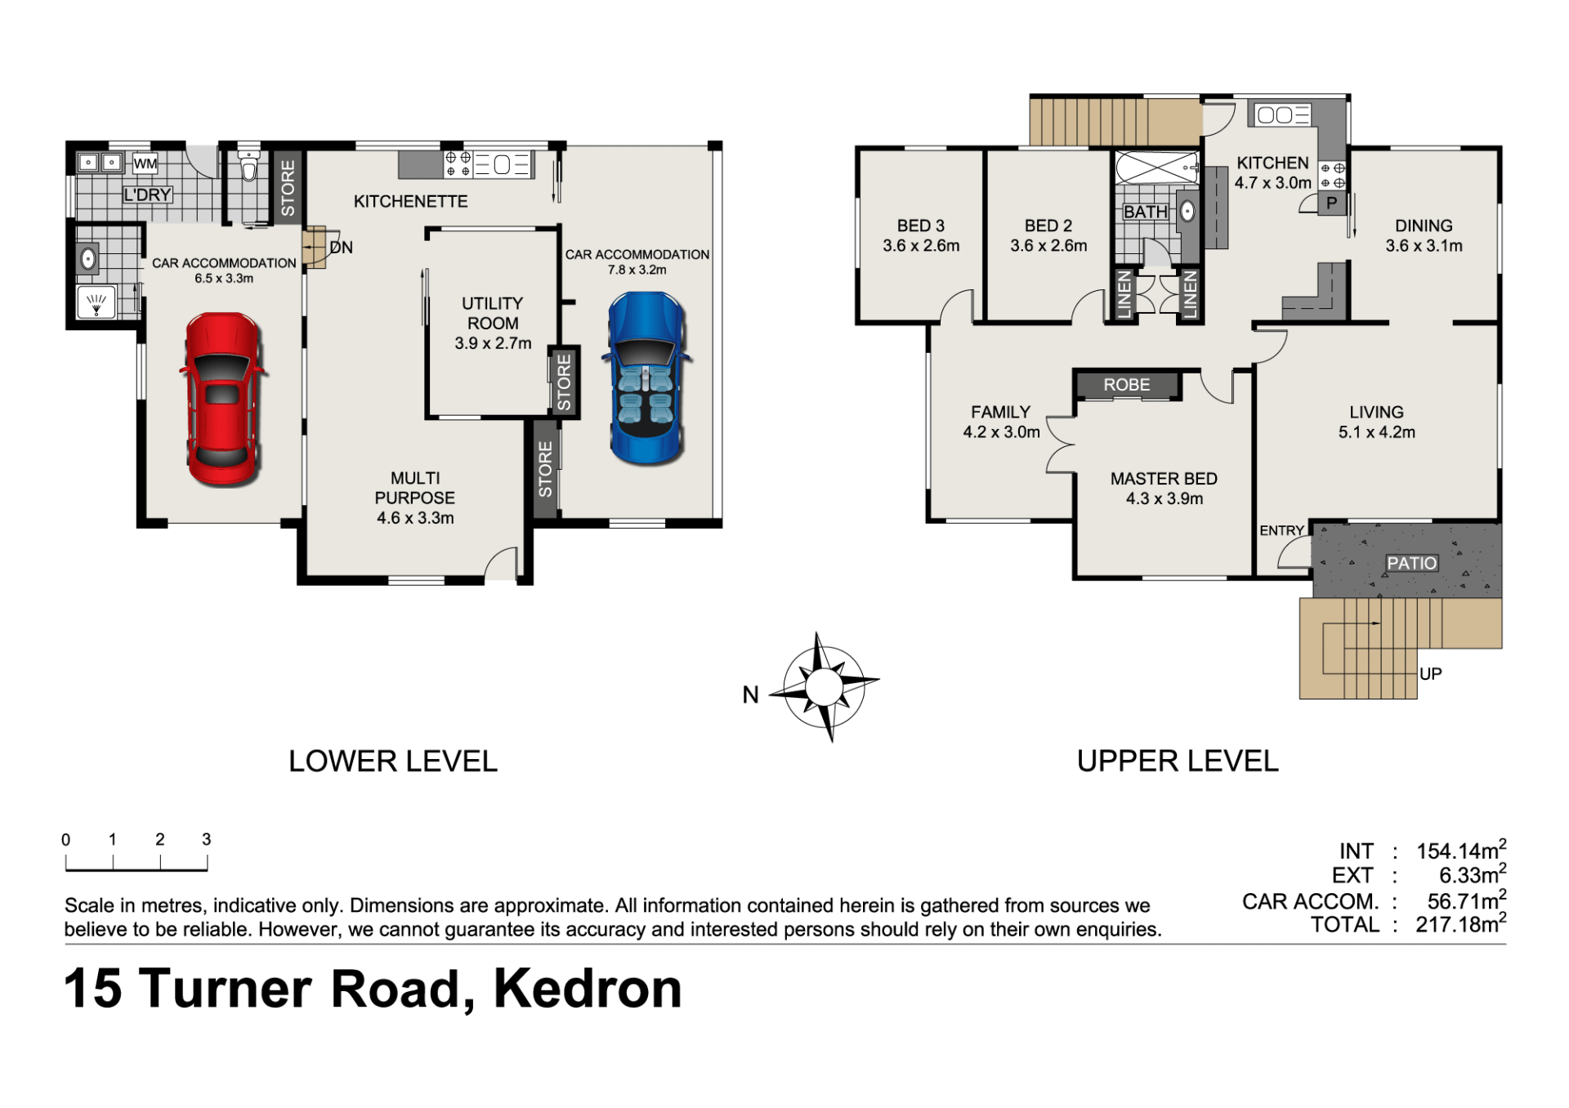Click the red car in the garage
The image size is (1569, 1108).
click(223, 400)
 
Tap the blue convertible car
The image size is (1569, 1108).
click(646, 378)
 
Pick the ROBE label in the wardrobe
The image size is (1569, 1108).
click(1126, 385)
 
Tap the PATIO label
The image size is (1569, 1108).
click(1411, 563)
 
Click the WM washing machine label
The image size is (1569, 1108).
click(145, 163)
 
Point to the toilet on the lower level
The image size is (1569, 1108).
click(248, 165)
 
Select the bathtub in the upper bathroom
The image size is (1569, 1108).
click(1157, 169)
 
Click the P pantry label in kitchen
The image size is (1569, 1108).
click(1332, 203)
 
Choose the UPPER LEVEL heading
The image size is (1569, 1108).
click(1178, 762)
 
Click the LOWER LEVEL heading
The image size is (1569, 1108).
click(393, 762)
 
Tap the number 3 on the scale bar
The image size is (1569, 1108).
click(207, 839)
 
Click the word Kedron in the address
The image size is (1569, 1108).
click(588, 990)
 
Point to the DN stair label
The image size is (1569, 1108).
click(342, 248)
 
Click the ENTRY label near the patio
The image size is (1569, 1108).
click(1281, 531)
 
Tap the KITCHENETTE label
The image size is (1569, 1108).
click(410, 201)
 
